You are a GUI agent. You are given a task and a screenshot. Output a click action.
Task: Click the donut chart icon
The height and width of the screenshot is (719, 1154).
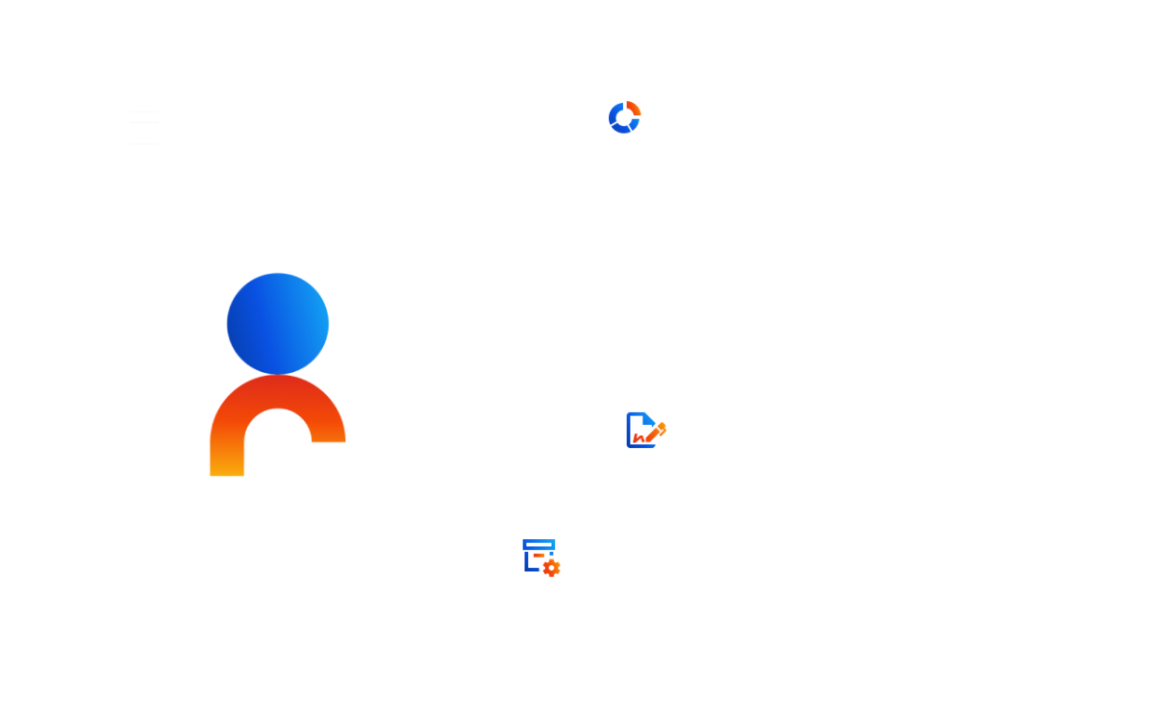pos(624,117)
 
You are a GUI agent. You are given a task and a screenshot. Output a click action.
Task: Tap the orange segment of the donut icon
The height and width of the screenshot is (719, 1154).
pos(632,107)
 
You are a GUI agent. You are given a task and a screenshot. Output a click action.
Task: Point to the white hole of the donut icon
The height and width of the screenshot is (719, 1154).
pos(624,117)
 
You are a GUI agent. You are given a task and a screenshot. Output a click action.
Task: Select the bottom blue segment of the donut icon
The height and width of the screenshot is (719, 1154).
pos(622,129)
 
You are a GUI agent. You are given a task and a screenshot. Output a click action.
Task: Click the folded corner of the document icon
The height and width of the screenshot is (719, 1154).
pos(650,417)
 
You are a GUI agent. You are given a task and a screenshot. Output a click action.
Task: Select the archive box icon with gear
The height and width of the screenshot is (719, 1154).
pos(540,557)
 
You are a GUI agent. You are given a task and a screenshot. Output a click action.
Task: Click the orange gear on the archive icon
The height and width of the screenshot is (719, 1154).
pos(551,568)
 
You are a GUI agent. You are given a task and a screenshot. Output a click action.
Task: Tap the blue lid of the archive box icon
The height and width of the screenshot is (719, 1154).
pos(539,544)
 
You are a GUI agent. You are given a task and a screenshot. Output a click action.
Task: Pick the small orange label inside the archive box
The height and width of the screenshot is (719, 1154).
pos(539,556)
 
